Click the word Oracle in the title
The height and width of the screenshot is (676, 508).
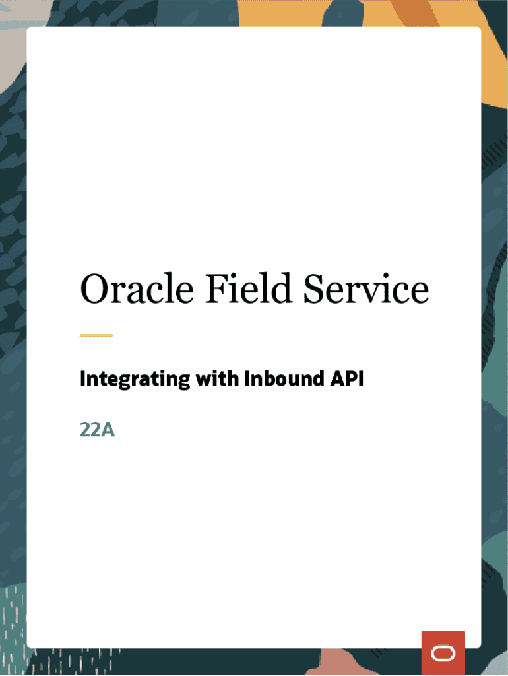137,288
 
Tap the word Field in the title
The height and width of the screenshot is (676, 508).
249,288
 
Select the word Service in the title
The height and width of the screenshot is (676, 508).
366,288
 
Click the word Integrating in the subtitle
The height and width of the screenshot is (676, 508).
135,380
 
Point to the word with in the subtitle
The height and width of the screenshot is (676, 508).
218,378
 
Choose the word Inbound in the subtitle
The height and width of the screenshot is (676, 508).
284,378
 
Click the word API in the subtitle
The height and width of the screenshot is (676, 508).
347,378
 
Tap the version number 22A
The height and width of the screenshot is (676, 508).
98,430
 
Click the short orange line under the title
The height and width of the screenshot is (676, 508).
96,335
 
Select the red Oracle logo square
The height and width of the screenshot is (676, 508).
443,653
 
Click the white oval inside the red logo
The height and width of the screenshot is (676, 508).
443,653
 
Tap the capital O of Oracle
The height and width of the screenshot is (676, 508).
95,289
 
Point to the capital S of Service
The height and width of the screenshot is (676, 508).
315,289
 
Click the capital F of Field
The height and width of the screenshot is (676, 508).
217,289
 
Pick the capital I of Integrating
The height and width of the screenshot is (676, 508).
82,379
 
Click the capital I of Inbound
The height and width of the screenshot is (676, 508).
247,379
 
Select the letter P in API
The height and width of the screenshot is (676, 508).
352,379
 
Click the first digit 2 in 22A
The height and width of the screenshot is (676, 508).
85,430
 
